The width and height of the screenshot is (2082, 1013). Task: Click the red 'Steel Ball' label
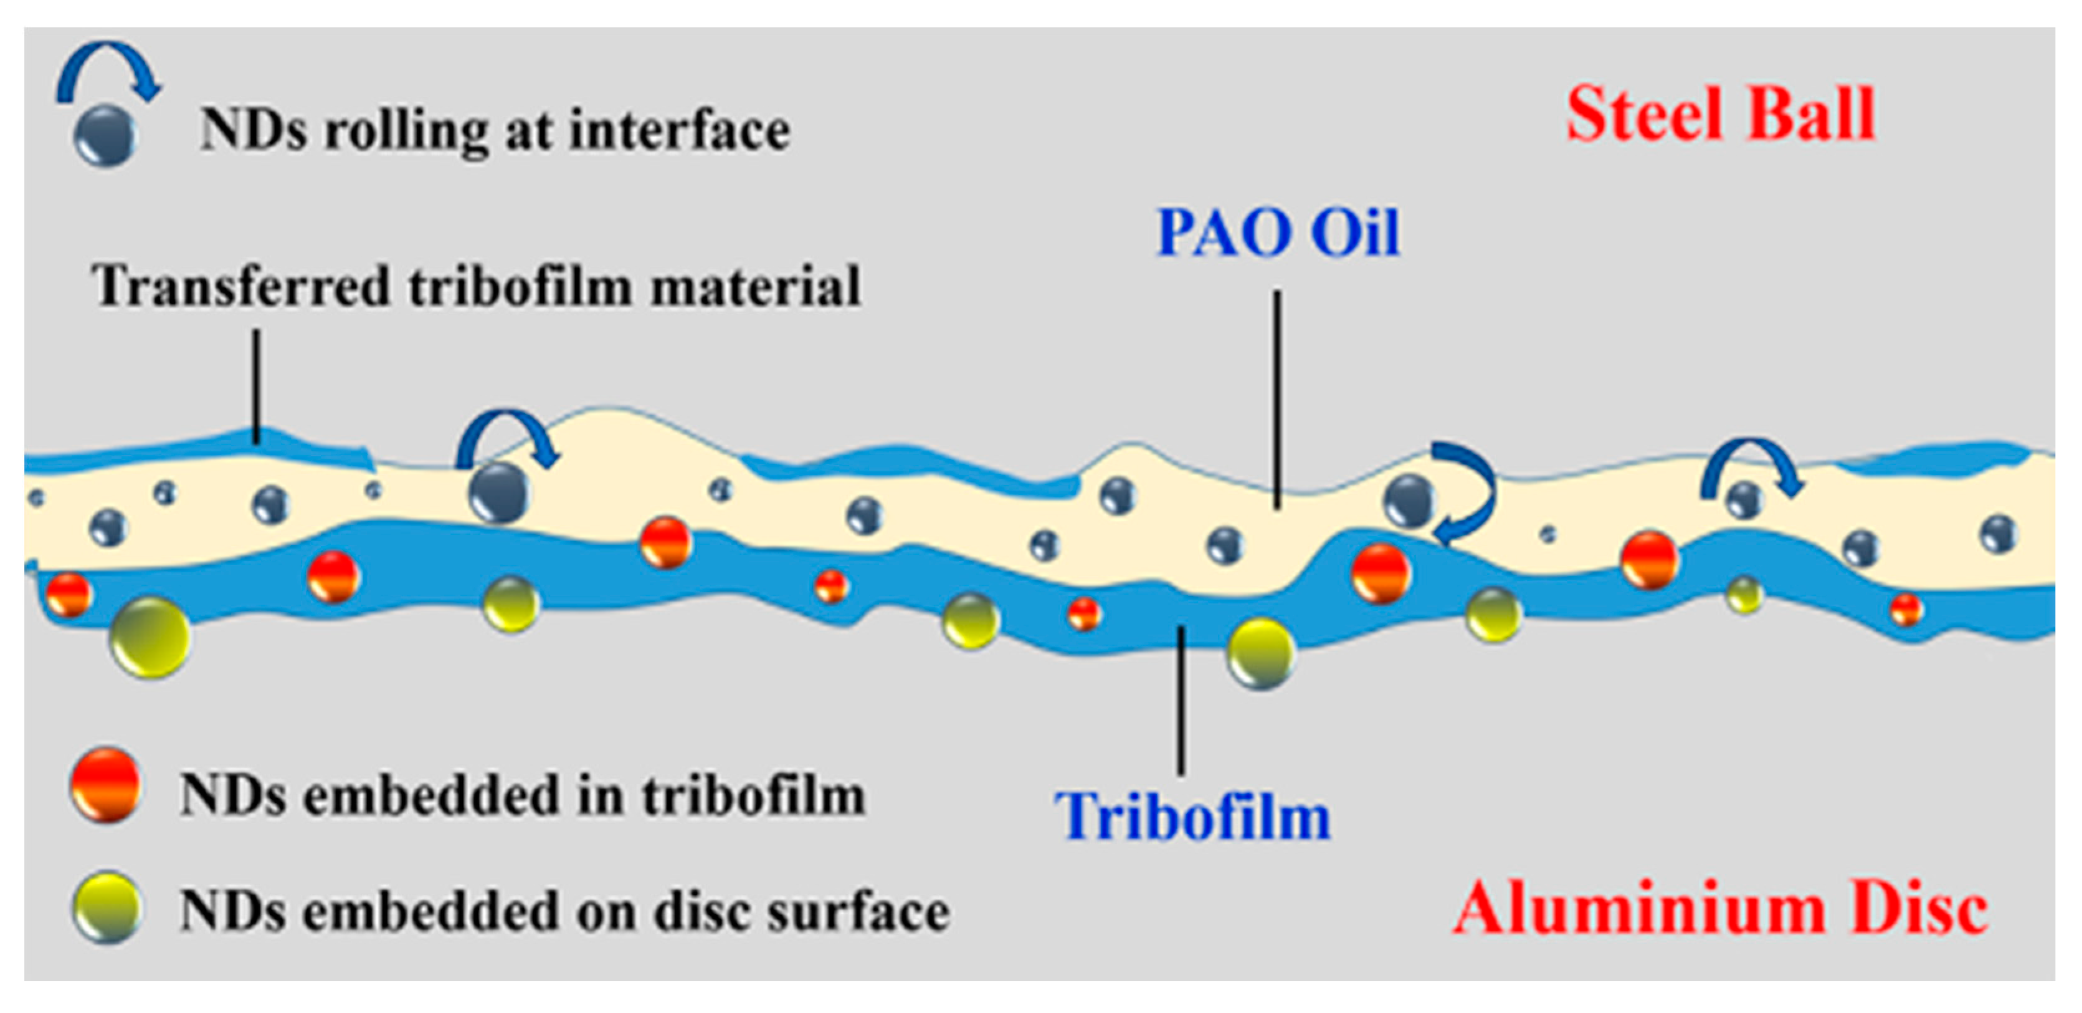click(1720, 115)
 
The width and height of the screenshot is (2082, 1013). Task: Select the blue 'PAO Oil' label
click(1278, 234)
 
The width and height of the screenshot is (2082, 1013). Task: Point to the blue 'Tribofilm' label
click(1192, 817)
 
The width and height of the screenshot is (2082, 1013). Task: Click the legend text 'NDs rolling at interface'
click(495, 130)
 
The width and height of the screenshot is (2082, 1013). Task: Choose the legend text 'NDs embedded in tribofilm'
click(522, 795)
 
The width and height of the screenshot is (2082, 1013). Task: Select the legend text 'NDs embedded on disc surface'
click(564, 912)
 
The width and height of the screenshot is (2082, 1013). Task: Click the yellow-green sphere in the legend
click(105, 907)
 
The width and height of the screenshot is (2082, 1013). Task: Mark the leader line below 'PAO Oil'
click(1277, 400)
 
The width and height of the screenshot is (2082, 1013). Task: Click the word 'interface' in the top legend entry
click(679, 130)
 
